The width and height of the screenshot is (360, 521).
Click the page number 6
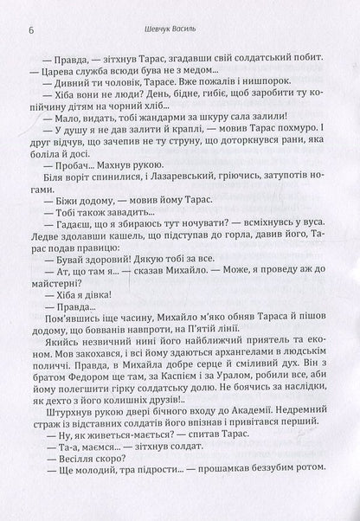(30, 11)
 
